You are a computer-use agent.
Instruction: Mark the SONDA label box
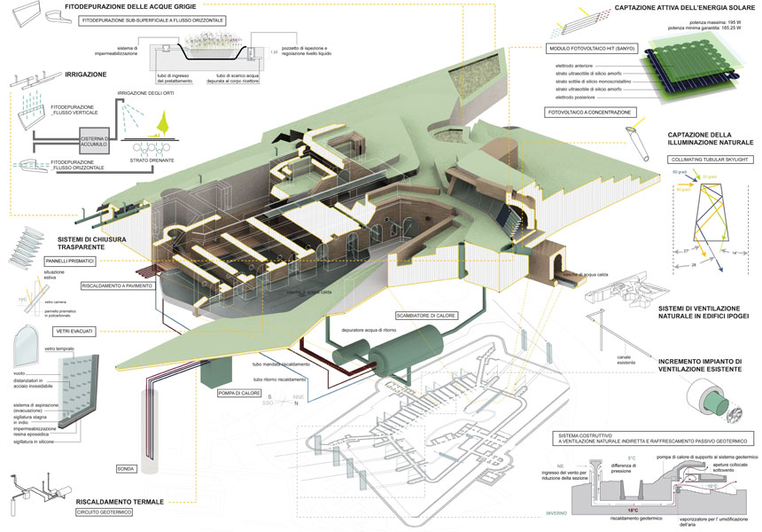pyautogui.click(x=127, y=467)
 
